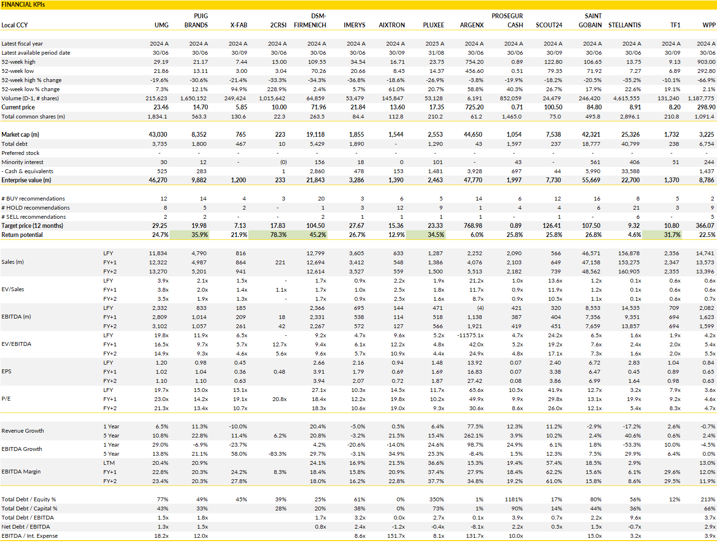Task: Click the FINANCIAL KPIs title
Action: [x=23, y=4]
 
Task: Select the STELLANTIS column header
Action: [x=624, y=25]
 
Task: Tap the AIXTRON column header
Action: [x=391, y=25]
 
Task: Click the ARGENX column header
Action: [x=472, y=25]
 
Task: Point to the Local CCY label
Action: [x=14, y=25]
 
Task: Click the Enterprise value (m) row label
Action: [x=26, y=180]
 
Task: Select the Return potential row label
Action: [x=22, y=235]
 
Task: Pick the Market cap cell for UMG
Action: [x=158, y=135]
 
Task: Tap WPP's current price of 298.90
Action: [x=706, y=107]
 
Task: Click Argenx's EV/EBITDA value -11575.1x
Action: [x=470, y=335]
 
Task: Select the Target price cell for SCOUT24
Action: [x=552, y=226]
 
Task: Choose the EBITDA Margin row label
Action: [x=21, y=472]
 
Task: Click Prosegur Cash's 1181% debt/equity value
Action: [x=513, y=499]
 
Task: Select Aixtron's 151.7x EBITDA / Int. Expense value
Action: [x=396, y=536]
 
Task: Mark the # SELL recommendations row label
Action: [x=34, y=217]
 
